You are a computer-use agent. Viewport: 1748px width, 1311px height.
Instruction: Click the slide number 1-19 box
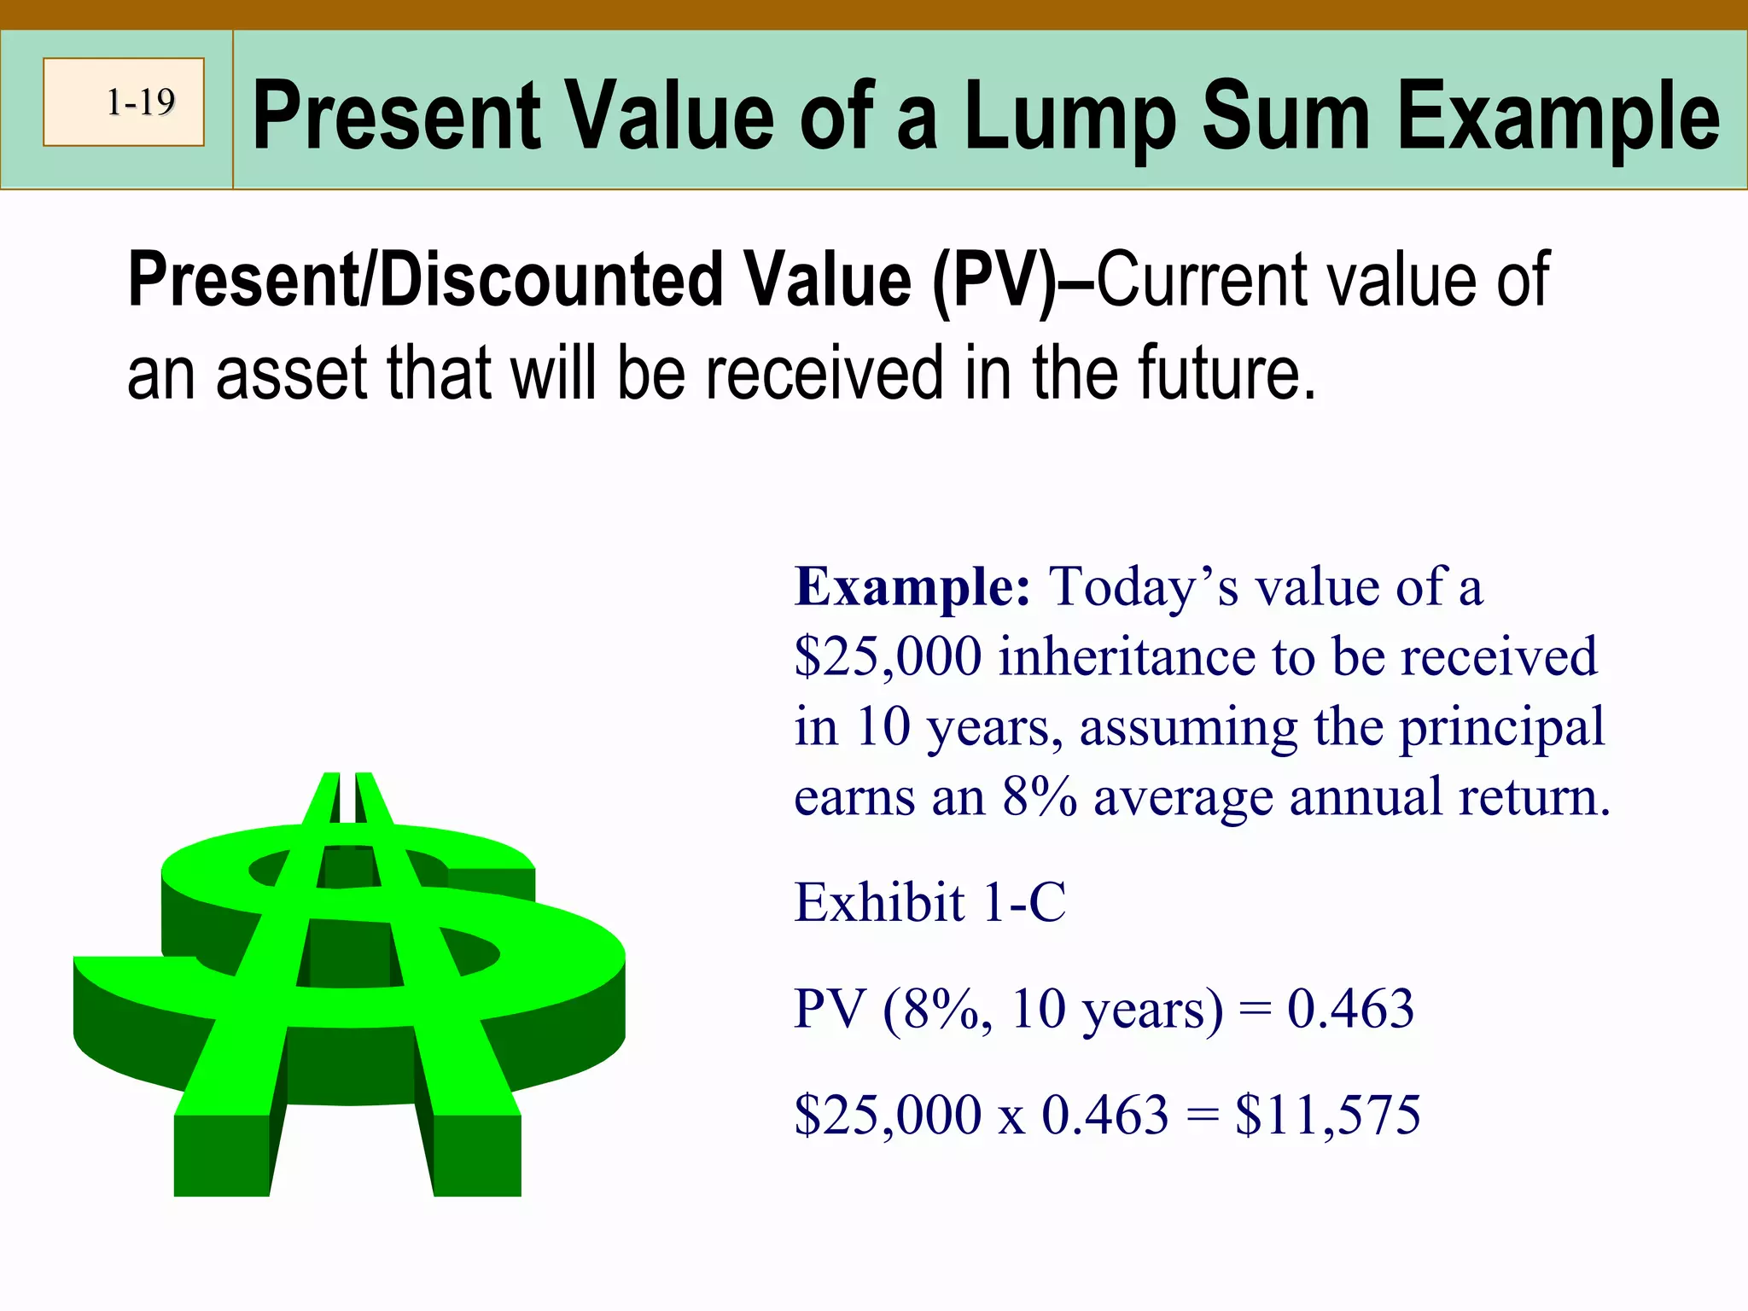click(x=124, y=102)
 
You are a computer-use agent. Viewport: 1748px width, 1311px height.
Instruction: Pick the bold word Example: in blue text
click(x=912, y=587)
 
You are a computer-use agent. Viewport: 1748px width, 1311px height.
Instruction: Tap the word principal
click(x=1502, y=727)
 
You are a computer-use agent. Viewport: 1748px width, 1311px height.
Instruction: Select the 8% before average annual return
click(x=1039, y=797)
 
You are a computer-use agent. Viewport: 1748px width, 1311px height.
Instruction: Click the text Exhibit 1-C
click(x=929, y=902)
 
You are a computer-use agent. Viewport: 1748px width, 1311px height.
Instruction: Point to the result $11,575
click(x=1327, y=1115)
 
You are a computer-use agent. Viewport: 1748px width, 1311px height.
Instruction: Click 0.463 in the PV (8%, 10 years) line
click(x=1350, y=1008)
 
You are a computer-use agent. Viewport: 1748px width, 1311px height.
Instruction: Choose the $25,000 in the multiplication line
click(x=888, y=1115)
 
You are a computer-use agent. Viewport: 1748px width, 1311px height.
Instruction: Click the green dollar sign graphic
click(x=350, y=982)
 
